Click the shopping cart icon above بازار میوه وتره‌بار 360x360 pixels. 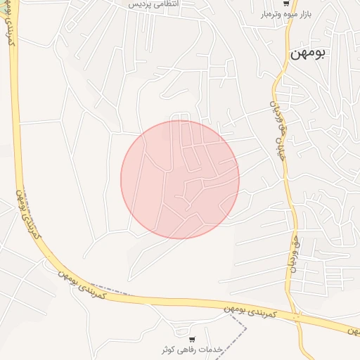point(285,4)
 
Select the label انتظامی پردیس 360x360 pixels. point(154,4)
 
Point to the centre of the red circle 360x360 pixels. point(180,179)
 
